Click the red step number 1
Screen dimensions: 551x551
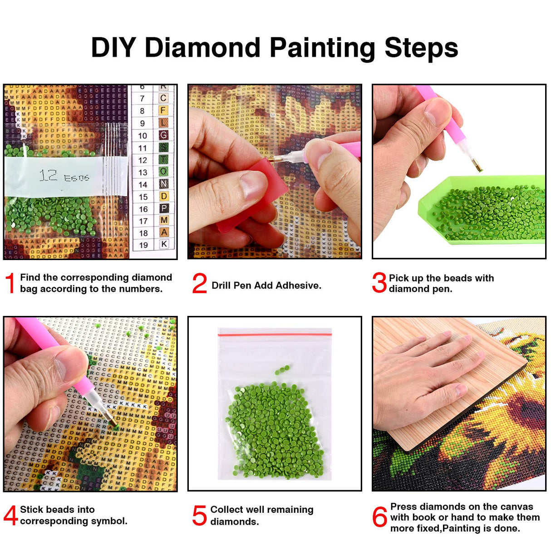10,283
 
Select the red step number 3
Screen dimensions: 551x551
379,283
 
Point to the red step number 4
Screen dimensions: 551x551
10,516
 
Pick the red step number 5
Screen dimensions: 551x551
199,516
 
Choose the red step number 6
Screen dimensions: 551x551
379,517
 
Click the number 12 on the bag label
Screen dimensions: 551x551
48,175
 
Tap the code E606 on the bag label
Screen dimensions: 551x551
76,178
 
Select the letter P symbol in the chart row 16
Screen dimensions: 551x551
164,208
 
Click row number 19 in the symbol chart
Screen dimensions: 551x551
143,245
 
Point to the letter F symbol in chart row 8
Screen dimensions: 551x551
163,110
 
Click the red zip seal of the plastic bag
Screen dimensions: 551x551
275,335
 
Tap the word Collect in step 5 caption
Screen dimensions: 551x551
227,510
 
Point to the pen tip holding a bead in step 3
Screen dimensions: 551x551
478,168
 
